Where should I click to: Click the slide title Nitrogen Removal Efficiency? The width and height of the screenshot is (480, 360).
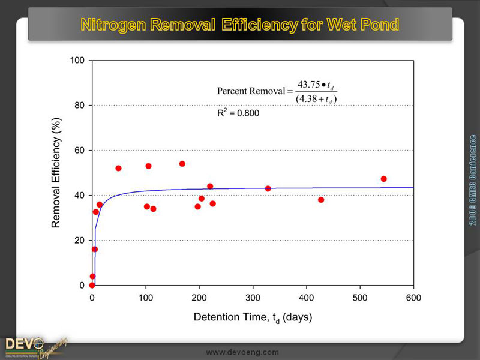240,25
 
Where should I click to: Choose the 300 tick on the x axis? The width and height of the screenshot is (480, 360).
253,296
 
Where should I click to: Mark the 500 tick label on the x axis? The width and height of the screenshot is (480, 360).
360,296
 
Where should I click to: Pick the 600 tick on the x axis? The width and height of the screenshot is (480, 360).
413,296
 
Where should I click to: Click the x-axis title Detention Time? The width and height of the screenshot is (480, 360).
253,316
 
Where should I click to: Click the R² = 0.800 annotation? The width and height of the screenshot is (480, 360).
238,112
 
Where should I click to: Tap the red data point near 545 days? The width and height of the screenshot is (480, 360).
383,179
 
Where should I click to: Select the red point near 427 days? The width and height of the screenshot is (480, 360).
321,200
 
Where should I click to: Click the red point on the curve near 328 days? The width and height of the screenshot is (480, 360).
268,188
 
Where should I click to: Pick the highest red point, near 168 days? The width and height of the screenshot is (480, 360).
182,164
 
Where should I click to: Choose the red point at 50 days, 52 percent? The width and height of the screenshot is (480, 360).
118,168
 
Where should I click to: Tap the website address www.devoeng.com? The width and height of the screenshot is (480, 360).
242,352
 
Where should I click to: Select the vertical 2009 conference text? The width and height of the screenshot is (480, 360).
473,180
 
